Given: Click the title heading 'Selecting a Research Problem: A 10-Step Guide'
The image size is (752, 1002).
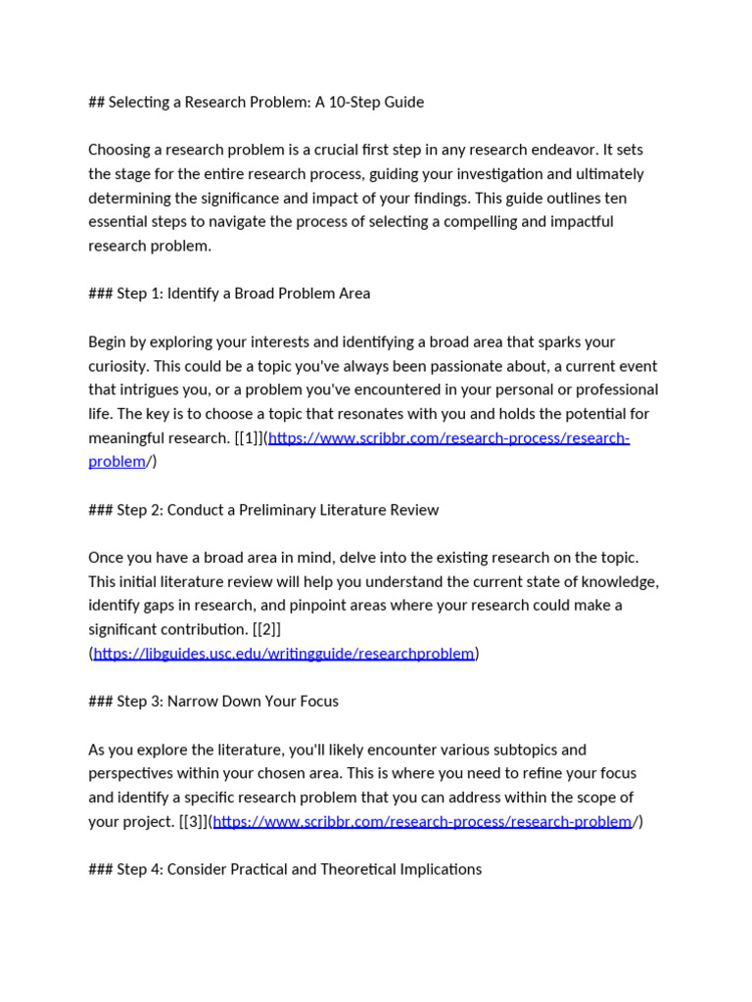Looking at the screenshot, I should click(256, 102).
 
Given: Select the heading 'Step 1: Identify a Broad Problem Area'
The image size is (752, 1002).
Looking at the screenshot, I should click(229, 294).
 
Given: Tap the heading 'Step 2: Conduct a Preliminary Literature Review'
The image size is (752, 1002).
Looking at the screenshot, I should click(263, 510).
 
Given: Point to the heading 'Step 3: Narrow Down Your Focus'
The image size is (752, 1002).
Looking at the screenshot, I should click(213, 702).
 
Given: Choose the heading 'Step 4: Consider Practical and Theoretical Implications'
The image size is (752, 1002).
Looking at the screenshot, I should click(285, 869).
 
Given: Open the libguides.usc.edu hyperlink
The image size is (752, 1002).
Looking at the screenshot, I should click(284, 654).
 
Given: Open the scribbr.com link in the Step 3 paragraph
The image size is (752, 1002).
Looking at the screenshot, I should click(422, 822).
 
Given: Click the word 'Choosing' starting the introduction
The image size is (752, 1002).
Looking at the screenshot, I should click(119, 150).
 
